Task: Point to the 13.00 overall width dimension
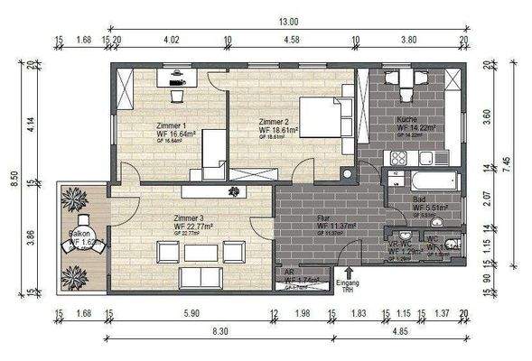pyautogui.click(x=288, y=21)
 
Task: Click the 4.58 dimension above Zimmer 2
pyautogui.click(x=291, y=41)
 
